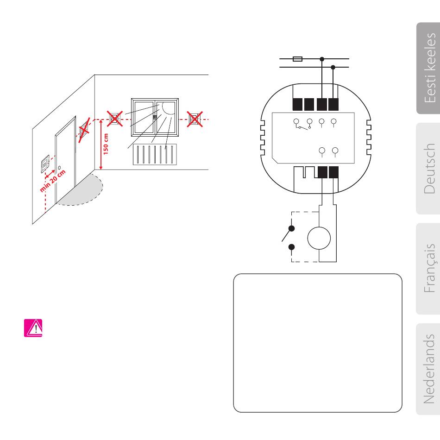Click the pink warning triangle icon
click(x=33, y=327)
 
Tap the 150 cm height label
click(x=106, y=144)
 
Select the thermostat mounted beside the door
click(x=45, y=164)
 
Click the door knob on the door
click(x=59, y=166)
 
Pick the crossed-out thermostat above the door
click(x=84, y=131)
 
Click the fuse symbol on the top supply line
click(x=299, y=59)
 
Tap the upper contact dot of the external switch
click(x=291, y=228)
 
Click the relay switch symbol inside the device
click(x=302, y=124)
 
